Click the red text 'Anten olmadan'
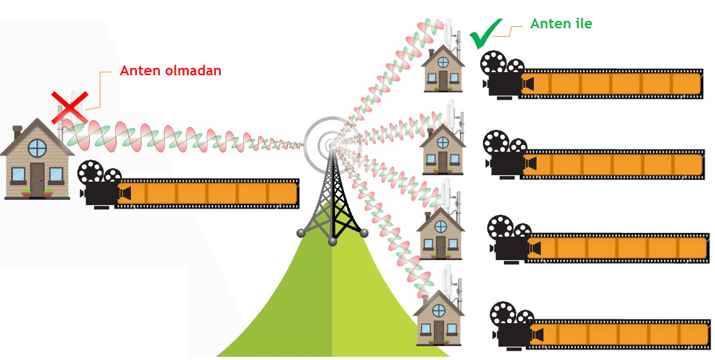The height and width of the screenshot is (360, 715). (170, 71)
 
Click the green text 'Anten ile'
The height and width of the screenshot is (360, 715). (561, 24)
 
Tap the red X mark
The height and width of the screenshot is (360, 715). (69, 107)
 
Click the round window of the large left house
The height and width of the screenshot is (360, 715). (37, 147)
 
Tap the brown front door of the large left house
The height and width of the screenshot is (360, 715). (37, 179)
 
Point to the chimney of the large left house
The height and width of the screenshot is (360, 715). (17, 132)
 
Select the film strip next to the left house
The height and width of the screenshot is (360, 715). (208, 192)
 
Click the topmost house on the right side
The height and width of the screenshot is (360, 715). (443, 69)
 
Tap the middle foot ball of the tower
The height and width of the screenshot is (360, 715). (332, 242)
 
